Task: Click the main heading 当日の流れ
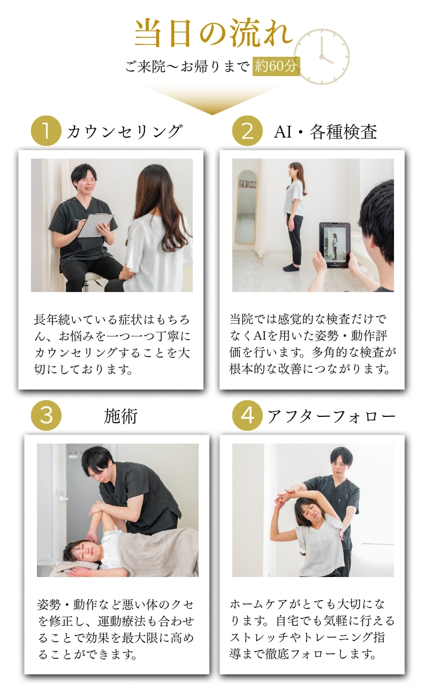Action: pos(214,33)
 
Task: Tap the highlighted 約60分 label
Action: pos(276,66)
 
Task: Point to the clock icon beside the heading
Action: pos(322,57)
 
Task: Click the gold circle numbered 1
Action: pos(46,131)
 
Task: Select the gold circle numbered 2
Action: pos(247,131)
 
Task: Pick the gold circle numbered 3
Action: pos(46,416)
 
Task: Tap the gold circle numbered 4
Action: pos(247,416)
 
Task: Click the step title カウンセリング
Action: pos(125,131)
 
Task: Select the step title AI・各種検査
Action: pos(325,132)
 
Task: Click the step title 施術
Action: pos(120,416)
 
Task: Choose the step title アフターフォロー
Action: pos(331,416)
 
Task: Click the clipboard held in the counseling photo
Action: pos(96,226)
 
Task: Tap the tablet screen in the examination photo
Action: pos(335,245)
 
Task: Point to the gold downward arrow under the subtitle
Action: pos(212,99)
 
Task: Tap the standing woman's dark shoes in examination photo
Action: pos(291,267)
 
